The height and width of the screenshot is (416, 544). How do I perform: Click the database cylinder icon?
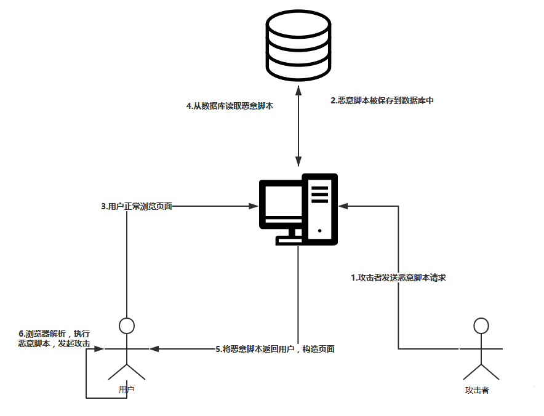coord(298,44)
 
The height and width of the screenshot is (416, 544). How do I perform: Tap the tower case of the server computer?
coord(320,209)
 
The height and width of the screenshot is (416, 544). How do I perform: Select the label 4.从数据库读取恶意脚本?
coord(230,106)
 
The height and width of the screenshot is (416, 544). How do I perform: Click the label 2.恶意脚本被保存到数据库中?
coord(382,100)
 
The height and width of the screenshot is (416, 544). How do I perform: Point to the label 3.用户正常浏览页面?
coord(137,207)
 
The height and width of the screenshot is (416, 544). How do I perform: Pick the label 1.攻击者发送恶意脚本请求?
coord(398,278)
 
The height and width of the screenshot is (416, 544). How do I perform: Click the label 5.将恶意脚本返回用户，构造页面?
coord(275,349)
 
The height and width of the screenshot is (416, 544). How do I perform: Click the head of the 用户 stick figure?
coord(127,326)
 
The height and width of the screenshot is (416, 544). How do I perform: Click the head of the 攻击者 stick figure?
coord(481,325)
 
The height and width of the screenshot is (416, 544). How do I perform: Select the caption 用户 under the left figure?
coord(127,390)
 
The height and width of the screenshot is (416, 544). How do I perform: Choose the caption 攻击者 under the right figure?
coord(478,390)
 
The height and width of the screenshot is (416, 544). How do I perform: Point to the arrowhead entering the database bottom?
coord(298,90)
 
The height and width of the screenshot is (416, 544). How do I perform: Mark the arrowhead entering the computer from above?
coord(298,162)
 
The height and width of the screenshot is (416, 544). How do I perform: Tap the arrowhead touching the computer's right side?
coord(343,206)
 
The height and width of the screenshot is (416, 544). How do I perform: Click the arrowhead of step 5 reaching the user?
coord(154,349)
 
